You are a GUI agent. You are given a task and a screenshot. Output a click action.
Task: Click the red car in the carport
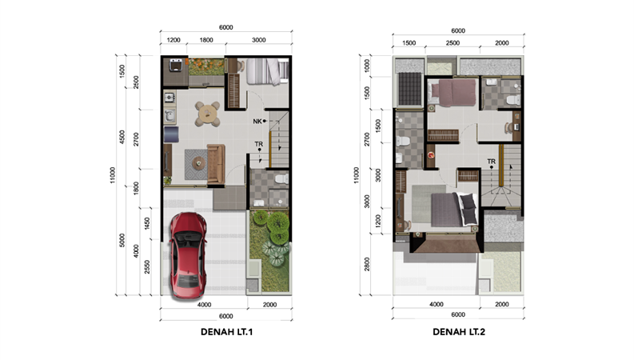(x=188, y=256)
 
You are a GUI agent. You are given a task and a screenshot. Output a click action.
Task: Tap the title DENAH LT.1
(x=226, y=332)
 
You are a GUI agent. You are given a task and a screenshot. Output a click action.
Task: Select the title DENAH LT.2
(x=459, y=332)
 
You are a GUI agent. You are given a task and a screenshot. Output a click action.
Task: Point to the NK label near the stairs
(x=257, y=122)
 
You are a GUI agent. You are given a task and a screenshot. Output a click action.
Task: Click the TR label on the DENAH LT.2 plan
(x=491, y=162)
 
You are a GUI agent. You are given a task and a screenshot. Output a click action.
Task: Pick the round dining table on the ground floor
(x=207, y=114)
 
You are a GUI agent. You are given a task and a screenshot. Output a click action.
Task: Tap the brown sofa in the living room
(x=216, y=164)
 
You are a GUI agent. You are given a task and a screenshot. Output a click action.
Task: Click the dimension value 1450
(x=147, y=224)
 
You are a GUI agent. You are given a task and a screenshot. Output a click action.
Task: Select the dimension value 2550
(x=147, y=266)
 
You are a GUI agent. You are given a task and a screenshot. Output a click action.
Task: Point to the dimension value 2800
(x=367, y=264)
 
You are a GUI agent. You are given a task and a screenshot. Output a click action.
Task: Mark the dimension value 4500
(x=122, y=137)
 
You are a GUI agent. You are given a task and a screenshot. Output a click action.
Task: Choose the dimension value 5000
(x=122, y=240)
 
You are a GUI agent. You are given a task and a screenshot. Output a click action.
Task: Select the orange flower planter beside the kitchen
(x=205, y=66)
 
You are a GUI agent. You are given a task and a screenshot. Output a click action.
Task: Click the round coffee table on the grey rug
(x=198, y=163)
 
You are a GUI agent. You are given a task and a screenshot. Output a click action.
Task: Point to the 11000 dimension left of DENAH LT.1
(x=113, y=175)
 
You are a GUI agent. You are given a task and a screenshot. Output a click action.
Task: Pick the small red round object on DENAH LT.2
(x=431, y=155)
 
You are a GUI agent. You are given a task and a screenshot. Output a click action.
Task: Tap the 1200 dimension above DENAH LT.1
(x=173, y=40)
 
